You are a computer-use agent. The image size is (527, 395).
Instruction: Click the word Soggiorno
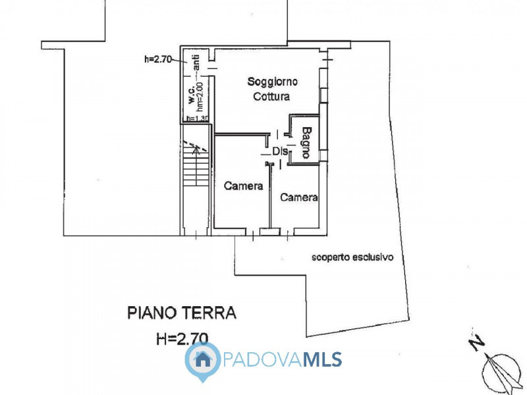coord(273,82)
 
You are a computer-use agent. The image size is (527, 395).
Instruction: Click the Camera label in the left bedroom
coord(243,186)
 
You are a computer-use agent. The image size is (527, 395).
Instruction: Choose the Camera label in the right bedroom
coord(298,197)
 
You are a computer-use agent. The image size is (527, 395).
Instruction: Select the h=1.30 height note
coord(197,118)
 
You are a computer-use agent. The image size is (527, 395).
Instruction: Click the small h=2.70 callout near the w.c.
coord(157,59)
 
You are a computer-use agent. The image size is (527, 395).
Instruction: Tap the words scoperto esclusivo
coord(352,257)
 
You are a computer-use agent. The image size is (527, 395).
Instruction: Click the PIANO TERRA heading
coord(181,312)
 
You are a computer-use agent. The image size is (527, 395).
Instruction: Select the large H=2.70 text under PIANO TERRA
coord(182,338)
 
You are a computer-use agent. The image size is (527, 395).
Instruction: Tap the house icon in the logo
coord(203,359)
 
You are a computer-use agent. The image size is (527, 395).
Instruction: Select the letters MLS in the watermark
coord(322,359)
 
